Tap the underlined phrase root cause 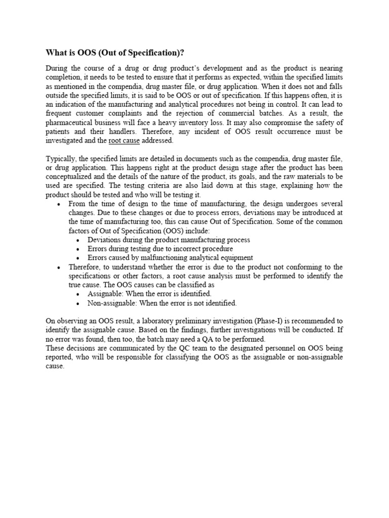(x=125, y=141)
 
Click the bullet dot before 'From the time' (x=59, y=204)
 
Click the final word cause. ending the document (x=55, y=366)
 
